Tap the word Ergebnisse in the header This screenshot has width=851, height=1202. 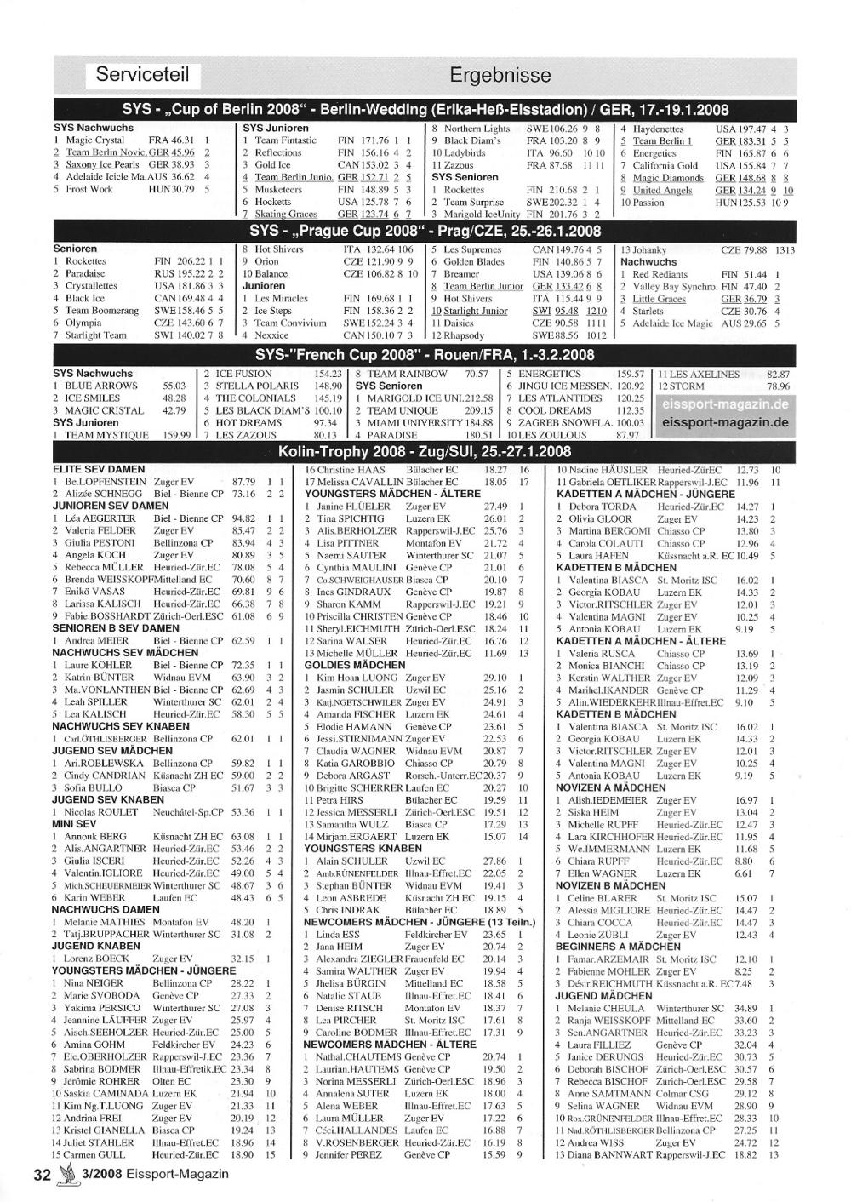(500, 75)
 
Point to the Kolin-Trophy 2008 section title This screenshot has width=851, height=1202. (425, 450)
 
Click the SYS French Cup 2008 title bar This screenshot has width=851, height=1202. (425, 355)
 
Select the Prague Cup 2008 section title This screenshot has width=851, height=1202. (425, 231)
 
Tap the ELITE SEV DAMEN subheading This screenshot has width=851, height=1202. (99, 469)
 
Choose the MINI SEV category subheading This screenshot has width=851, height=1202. (75, 824)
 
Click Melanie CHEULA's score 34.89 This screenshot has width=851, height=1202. (745, 1008)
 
